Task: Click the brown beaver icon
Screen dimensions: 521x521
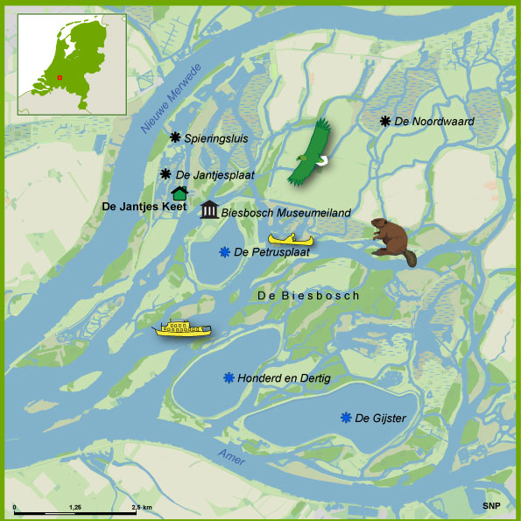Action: (390, 237)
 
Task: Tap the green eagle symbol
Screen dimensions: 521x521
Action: (312, 152)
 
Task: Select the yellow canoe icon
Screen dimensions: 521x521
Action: (292, 238)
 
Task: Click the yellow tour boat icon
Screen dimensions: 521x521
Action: (182, 328)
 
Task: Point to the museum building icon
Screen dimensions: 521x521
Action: (209, 210)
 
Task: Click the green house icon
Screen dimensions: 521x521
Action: (180, 193)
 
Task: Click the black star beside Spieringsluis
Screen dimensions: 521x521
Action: (175, 137)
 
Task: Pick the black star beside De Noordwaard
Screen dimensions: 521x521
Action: (384, 120)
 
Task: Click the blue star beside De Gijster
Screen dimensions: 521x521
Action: (346, 418)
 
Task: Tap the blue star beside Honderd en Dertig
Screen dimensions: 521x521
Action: (229, 377)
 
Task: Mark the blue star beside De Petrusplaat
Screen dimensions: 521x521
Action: (225, 252)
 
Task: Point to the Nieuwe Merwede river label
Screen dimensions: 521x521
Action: (172, 99)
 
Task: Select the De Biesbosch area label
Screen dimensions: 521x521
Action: (308, 296)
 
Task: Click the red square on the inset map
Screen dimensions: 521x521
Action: (60, 77)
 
